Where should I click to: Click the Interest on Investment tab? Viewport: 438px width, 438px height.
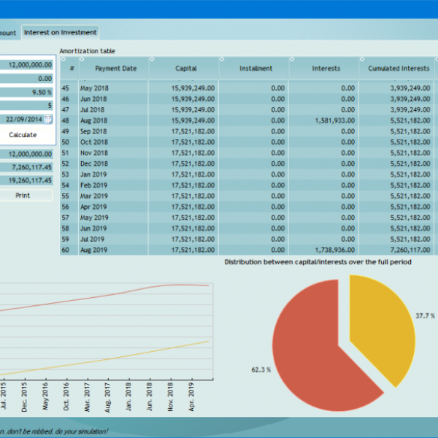pyautogui.click(x=60, y=32)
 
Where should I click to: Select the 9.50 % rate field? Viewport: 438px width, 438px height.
pyautogui.click(x=26, y=93)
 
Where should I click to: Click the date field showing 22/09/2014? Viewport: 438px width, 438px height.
pyautogui.click(x=23, y=119)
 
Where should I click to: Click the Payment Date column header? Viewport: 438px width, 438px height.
pyautogui.click(x=115, y=69)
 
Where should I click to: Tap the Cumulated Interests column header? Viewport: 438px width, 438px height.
pyautogui.click(x=399, y=69)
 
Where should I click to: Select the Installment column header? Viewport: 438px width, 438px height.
pyautogui.click(x=255, y=69)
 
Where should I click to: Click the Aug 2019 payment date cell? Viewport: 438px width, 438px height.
pyautogui.click(x=93, y=250)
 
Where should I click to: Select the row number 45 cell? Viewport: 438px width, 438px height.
pyautogui.click(x=65, y=88)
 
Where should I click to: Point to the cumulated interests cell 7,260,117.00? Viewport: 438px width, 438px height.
pyautogui.click(x=399, y=250)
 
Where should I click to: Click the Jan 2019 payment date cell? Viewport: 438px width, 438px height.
pyautogui.click(x=93, y=174)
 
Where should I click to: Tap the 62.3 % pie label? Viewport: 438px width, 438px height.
pyautogui.click(x=261, y=370)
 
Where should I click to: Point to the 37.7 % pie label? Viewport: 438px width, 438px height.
pyautogui.click(x=425, y=316)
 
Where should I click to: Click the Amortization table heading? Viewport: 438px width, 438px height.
pyautogui.click(x=87, y=50)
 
